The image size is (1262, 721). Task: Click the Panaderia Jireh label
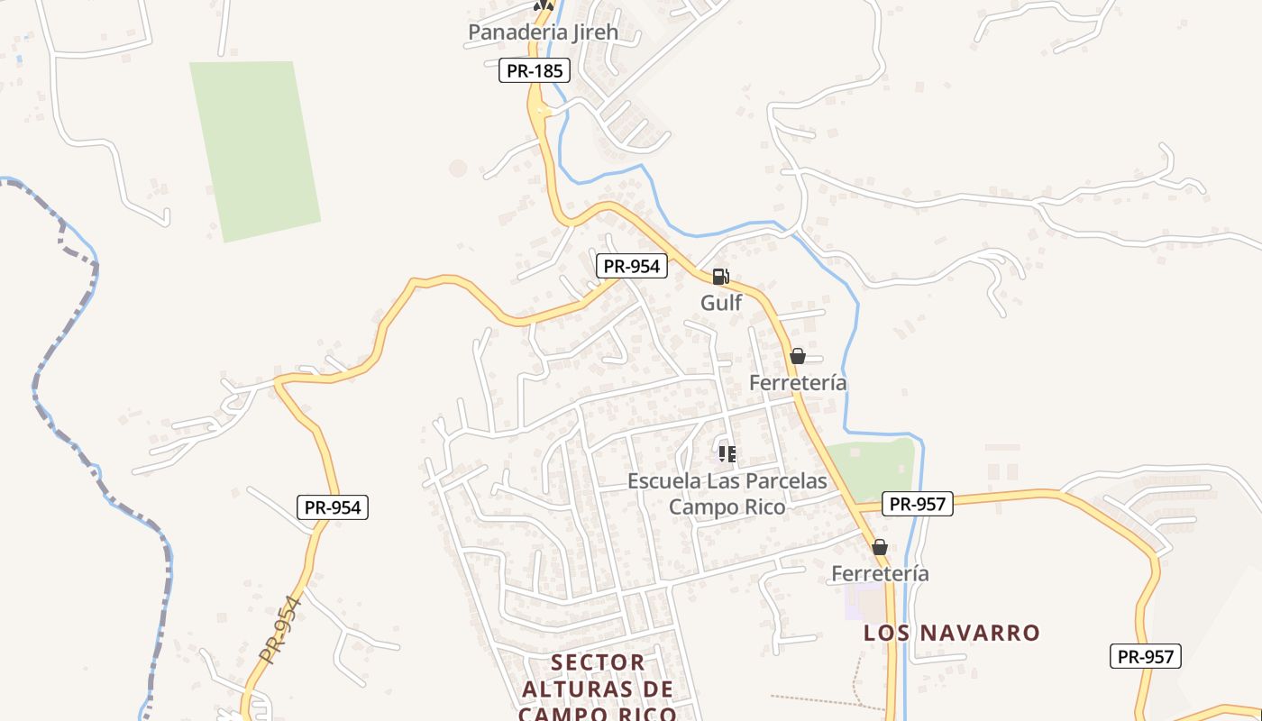543,32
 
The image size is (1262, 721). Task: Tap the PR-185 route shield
535,70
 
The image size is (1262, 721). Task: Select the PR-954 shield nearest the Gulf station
632,266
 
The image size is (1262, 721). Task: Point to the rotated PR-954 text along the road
280,630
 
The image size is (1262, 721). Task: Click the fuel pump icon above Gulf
720,277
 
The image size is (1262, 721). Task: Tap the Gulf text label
721,303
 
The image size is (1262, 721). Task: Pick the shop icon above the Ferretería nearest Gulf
797,356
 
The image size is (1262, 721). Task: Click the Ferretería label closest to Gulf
798,383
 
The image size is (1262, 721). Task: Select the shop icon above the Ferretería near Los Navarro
880,547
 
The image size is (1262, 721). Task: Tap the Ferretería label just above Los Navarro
880,574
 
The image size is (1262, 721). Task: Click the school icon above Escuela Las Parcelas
727,453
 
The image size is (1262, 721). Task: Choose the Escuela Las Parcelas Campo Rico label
727,494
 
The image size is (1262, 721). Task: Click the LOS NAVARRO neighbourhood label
952,633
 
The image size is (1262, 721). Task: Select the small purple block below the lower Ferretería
864,602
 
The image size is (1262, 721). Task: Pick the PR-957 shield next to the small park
917,504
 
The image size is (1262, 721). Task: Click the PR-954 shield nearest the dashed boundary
333,507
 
